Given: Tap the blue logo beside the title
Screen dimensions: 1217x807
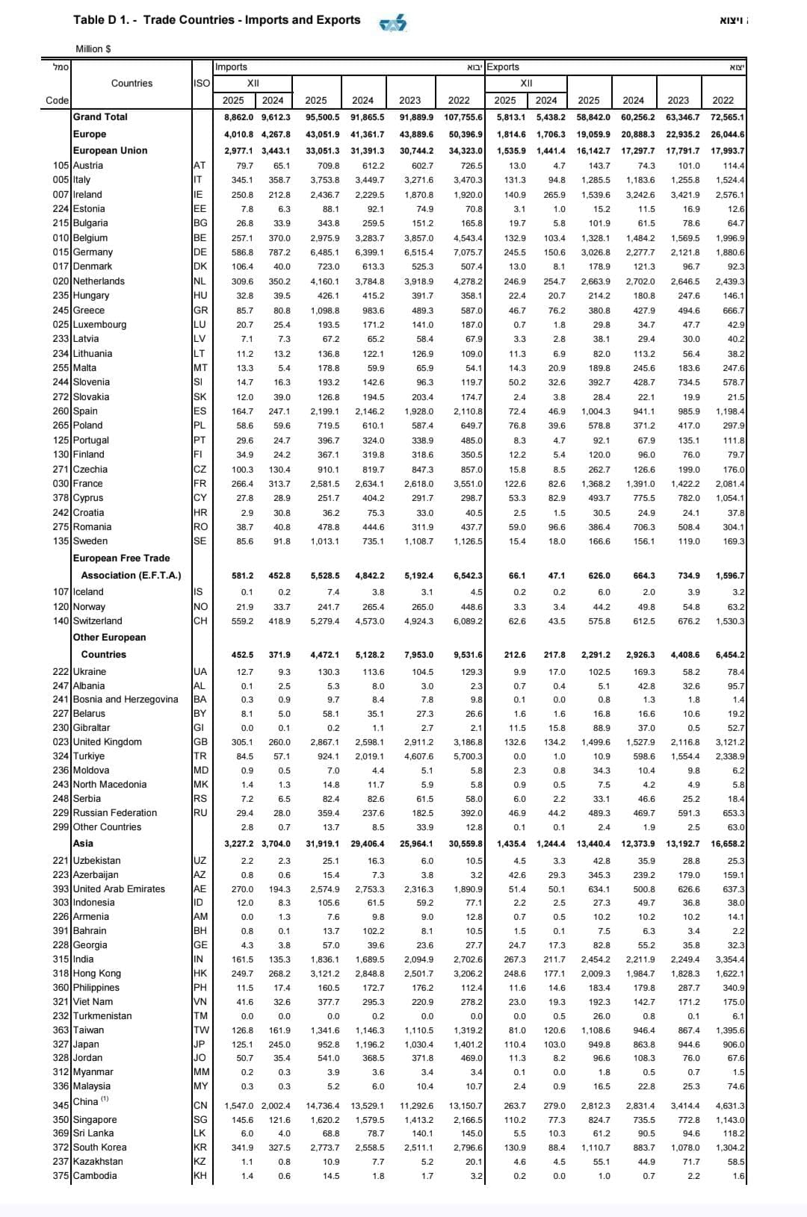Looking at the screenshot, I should click(x=393, y=24).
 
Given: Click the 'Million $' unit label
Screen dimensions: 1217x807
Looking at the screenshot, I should click(x=93, y=49).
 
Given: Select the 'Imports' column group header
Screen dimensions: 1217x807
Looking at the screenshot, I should click(x=231, y=67).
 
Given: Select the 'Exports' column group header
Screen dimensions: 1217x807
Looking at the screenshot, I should click(x=503, y=67).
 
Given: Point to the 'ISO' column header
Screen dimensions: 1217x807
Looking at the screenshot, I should click(x=202, y=83).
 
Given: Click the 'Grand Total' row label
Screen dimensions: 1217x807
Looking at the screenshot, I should click(x=100, y=117).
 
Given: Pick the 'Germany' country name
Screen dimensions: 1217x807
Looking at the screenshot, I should click(x=93, y=252).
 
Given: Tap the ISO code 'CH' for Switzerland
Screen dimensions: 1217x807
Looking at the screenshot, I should click(x=200, y=621).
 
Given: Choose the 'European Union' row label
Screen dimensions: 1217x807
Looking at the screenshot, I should click(x=110, y=150).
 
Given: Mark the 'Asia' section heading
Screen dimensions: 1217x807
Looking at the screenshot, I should click(x=83, y=844).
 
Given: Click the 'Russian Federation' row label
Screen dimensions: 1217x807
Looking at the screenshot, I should click(x=115, y=813).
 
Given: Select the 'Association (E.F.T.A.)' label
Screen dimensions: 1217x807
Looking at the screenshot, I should click(x=131, y=576).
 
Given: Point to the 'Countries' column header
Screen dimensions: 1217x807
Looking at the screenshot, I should click(x=132, y=83).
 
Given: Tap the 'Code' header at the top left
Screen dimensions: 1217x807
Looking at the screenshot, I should click(x=57, y=101).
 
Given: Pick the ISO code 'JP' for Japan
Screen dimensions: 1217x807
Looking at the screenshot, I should click(x=200, y=1045).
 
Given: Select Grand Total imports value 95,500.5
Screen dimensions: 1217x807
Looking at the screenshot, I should click(x=322, y=117).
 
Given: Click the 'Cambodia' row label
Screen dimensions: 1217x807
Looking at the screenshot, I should click(x=95, y=1176).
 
